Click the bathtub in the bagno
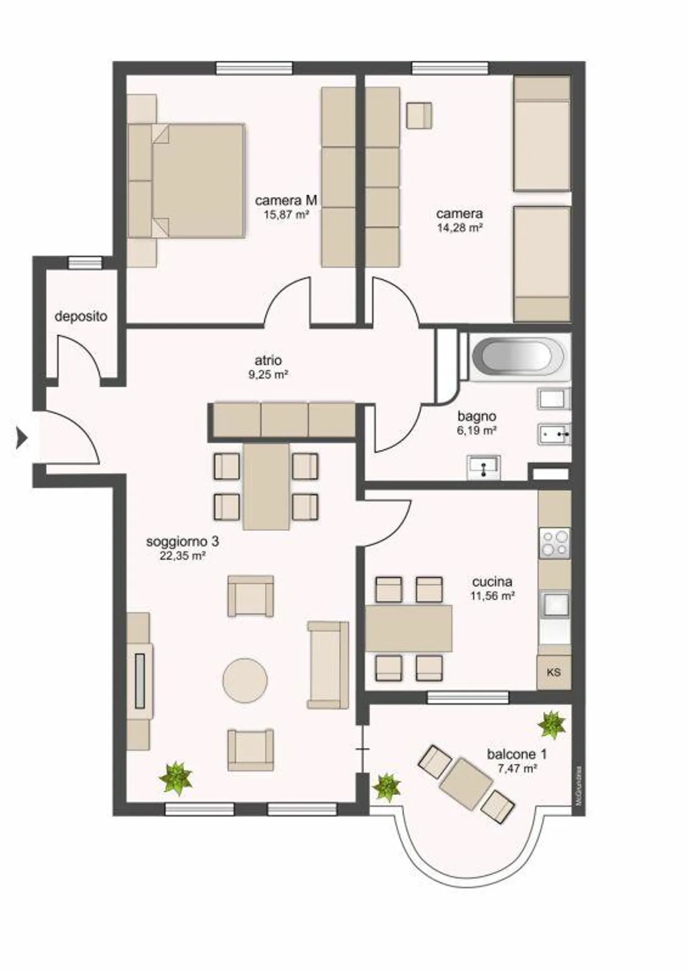coord(518,356)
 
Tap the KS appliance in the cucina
coord(554,672)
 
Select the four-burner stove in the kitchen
coord(554,544)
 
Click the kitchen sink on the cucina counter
coord(554,603)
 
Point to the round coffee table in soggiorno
coord(245,680)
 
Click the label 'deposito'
coord(81,317)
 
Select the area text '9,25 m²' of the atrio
coord(268,375)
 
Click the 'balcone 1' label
coord(517,754)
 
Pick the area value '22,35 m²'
coord(183,556)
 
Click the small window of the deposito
coord(85,262)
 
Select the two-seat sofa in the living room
coord(328,665)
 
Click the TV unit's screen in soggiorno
coord(140,680)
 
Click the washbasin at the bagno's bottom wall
coord(484,467)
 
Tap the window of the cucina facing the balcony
coord(467,698)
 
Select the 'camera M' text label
coord(286,200)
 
